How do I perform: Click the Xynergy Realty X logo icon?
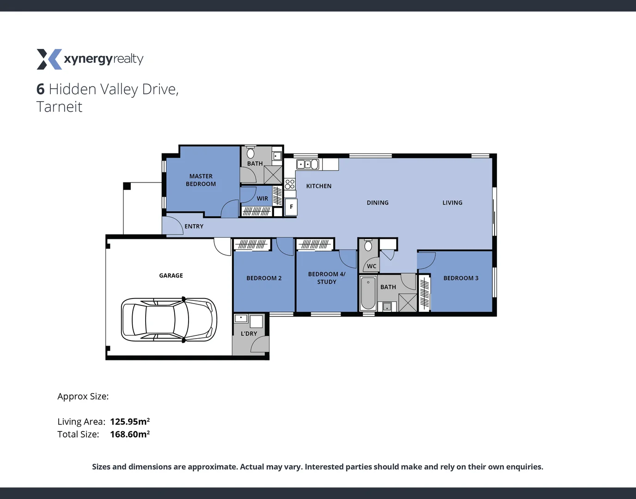pyautogui.click(x=49, y=59)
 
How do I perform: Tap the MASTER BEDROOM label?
pyautogui.click(x=201, y=180)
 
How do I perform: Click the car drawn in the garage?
pyautogui.click(x=169, y=319)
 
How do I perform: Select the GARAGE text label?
pyautogui.click(x=171, y=275)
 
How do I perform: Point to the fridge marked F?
pyautogui.click(x=291, y=207)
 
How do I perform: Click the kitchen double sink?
pyautogui.click(x=307, y=164)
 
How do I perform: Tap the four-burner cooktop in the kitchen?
pyautogui.click(x=290, y=184)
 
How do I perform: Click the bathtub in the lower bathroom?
pyautogui.click(x=368, y=293)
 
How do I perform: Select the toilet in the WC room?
pyautogui.click(x=368, y=245)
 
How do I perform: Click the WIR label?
pyautogui.click(x=262, y=199)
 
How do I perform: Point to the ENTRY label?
pyautogui.click(x=194, y=226)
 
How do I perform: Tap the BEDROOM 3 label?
pyautogui.click(x=460, y=278)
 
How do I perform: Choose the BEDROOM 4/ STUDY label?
pyautogui.click(x=326, y=278)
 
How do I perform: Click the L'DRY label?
pyautogui.click(x=249, y=334)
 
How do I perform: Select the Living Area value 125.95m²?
pyautogui.click(x=130, y=421)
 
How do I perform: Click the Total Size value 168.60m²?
pyautogui.click(x=130, y=434)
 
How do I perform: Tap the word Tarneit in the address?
pyautogui.click(x=59, y=107)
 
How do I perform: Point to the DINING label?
pyautogui.click(x=378, y=203)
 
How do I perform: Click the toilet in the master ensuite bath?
pyautogui.click(x=251, y=153)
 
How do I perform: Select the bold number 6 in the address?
pyautogui.click(x=41, y=89)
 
